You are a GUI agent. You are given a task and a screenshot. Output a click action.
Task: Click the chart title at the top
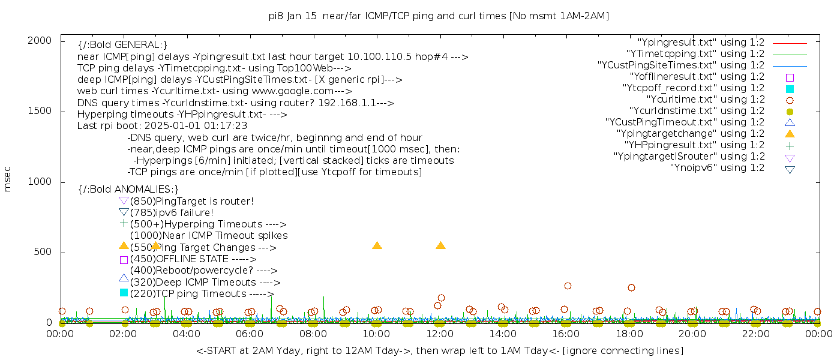(x=439, y=16)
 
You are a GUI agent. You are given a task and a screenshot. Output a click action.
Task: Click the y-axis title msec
(x=8, y=179)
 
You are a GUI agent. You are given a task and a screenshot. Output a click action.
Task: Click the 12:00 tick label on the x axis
(x=440, y=334)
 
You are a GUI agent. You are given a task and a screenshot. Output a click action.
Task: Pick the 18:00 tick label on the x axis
(x=629, y=334)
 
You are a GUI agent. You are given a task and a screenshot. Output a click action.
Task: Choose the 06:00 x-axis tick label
(x=250, y=334)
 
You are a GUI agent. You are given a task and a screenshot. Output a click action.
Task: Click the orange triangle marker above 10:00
(x=377, y=245)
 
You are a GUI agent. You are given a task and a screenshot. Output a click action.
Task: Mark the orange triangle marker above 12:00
(x=440, y=245)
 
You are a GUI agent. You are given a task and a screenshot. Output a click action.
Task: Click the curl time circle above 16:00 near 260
(x=568, y=286)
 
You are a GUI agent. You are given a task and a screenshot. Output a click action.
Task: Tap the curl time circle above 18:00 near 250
(x=631, y=287)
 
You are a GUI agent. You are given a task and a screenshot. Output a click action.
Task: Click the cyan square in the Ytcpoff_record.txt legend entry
(x=790, y=88)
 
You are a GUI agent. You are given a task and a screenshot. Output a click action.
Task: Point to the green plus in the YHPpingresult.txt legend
(x=790, y=145)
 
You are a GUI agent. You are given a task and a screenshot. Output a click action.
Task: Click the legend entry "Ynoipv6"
(x=717, y=168)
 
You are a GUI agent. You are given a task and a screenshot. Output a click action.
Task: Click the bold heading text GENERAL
(x=122, y=44)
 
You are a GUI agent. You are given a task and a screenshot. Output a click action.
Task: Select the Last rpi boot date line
(x=162, y=126)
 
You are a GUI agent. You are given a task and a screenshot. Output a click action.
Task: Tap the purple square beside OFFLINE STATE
(x=124, y=260)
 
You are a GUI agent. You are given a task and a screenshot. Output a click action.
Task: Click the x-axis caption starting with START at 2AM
(x=439, y=350)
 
